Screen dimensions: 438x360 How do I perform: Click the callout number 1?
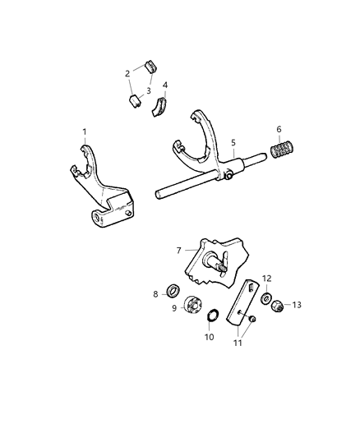tap(84, 131)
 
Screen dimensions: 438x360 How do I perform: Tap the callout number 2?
tap(127, 74)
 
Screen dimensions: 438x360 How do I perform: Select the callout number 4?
tap(165, 85)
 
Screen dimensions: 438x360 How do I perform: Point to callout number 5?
tap(233, 142)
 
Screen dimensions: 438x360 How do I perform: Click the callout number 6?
tap(279, 129)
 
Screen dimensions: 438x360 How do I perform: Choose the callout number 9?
tap(173, 310)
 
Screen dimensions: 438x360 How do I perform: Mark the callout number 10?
tap(209, 337)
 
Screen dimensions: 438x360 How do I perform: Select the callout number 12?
tap(267, 279)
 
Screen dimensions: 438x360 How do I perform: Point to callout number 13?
tap(297, 305)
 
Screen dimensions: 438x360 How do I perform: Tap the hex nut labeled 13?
tap(277, 303)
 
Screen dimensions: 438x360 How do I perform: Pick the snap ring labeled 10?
tap(210, 316)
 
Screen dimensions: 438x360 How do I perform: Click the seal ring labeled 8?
tap(173, 290)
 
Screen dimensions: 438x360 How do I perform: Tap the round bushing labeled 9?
tap(193, 305)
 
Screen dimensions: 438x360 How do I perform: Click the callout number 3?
tap(149, 91)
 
